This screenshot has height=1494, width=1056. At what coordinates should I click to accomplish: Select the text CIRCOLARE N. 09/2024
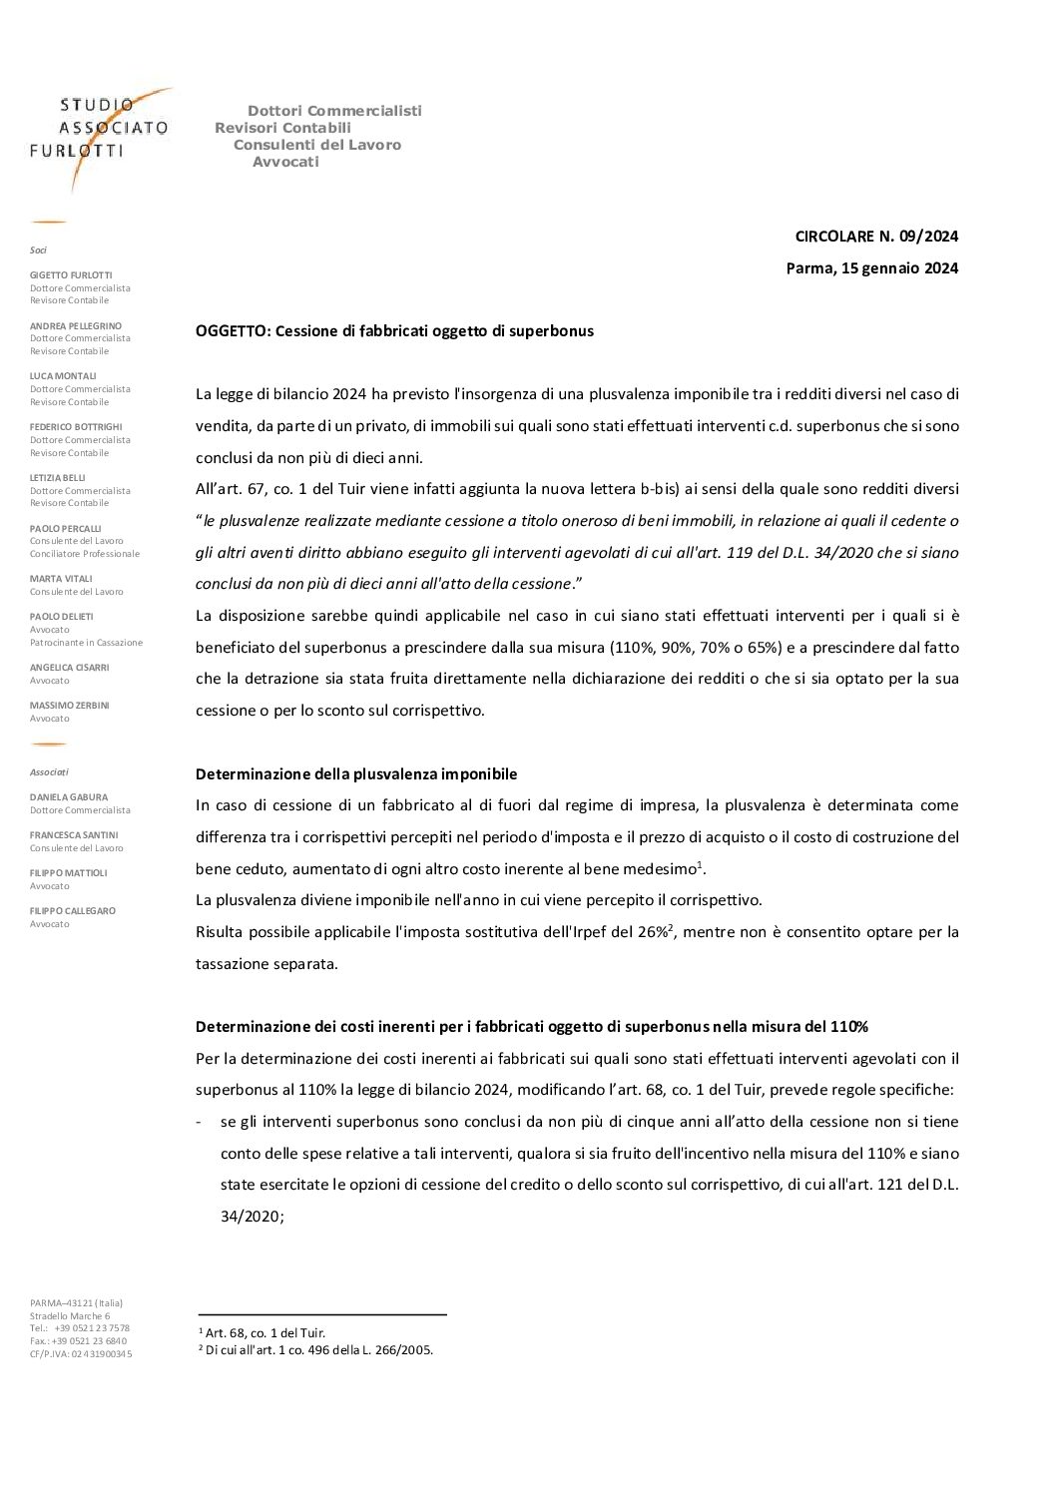pos(876,237)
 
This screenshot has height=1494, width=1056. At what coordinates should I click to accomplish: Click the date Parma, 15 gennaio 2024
pos(871,267)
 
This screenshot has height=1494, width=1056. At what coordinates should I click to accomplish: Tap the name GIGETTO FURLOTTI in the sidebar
pos(71,274)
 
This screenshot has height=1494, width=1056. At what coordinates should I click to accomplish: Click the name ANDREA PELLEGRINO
pos(76,325)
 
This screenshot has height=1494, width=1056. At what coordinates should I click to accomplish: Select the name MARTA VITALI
pos(61,578)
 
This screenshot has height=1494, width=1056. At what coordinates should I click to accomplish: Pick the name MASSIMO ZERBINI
pos(70,705)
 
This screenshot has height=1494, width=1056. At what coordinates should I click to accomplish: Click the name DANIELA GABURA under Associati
pos(69,797)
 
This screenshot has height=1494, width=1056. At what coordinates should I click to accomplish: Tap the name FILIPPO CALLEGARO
pos(73,910)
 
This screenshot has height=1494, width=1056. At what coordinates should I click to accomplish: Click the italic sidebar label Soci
pos(38,249)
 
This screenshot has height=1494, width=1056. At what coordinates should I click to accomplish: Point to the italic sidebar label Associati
pos(49,771)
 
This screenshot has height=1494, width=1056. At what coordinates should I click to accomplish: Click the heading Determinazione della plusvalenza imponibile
pos(356,773)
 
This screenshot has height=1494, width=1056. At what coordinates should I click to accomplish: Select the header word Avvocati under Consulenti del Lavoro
pos(285,162)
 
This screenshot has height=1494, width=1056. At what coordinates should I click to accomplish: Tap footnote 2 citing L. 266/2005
pos(316,1349)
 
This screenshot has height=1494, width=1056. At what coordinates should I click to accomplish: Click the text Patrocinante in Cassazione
pos(86,642)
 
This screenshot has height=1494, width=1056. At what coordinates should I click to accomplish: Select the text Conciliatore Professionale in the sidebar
pos(85,553)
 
